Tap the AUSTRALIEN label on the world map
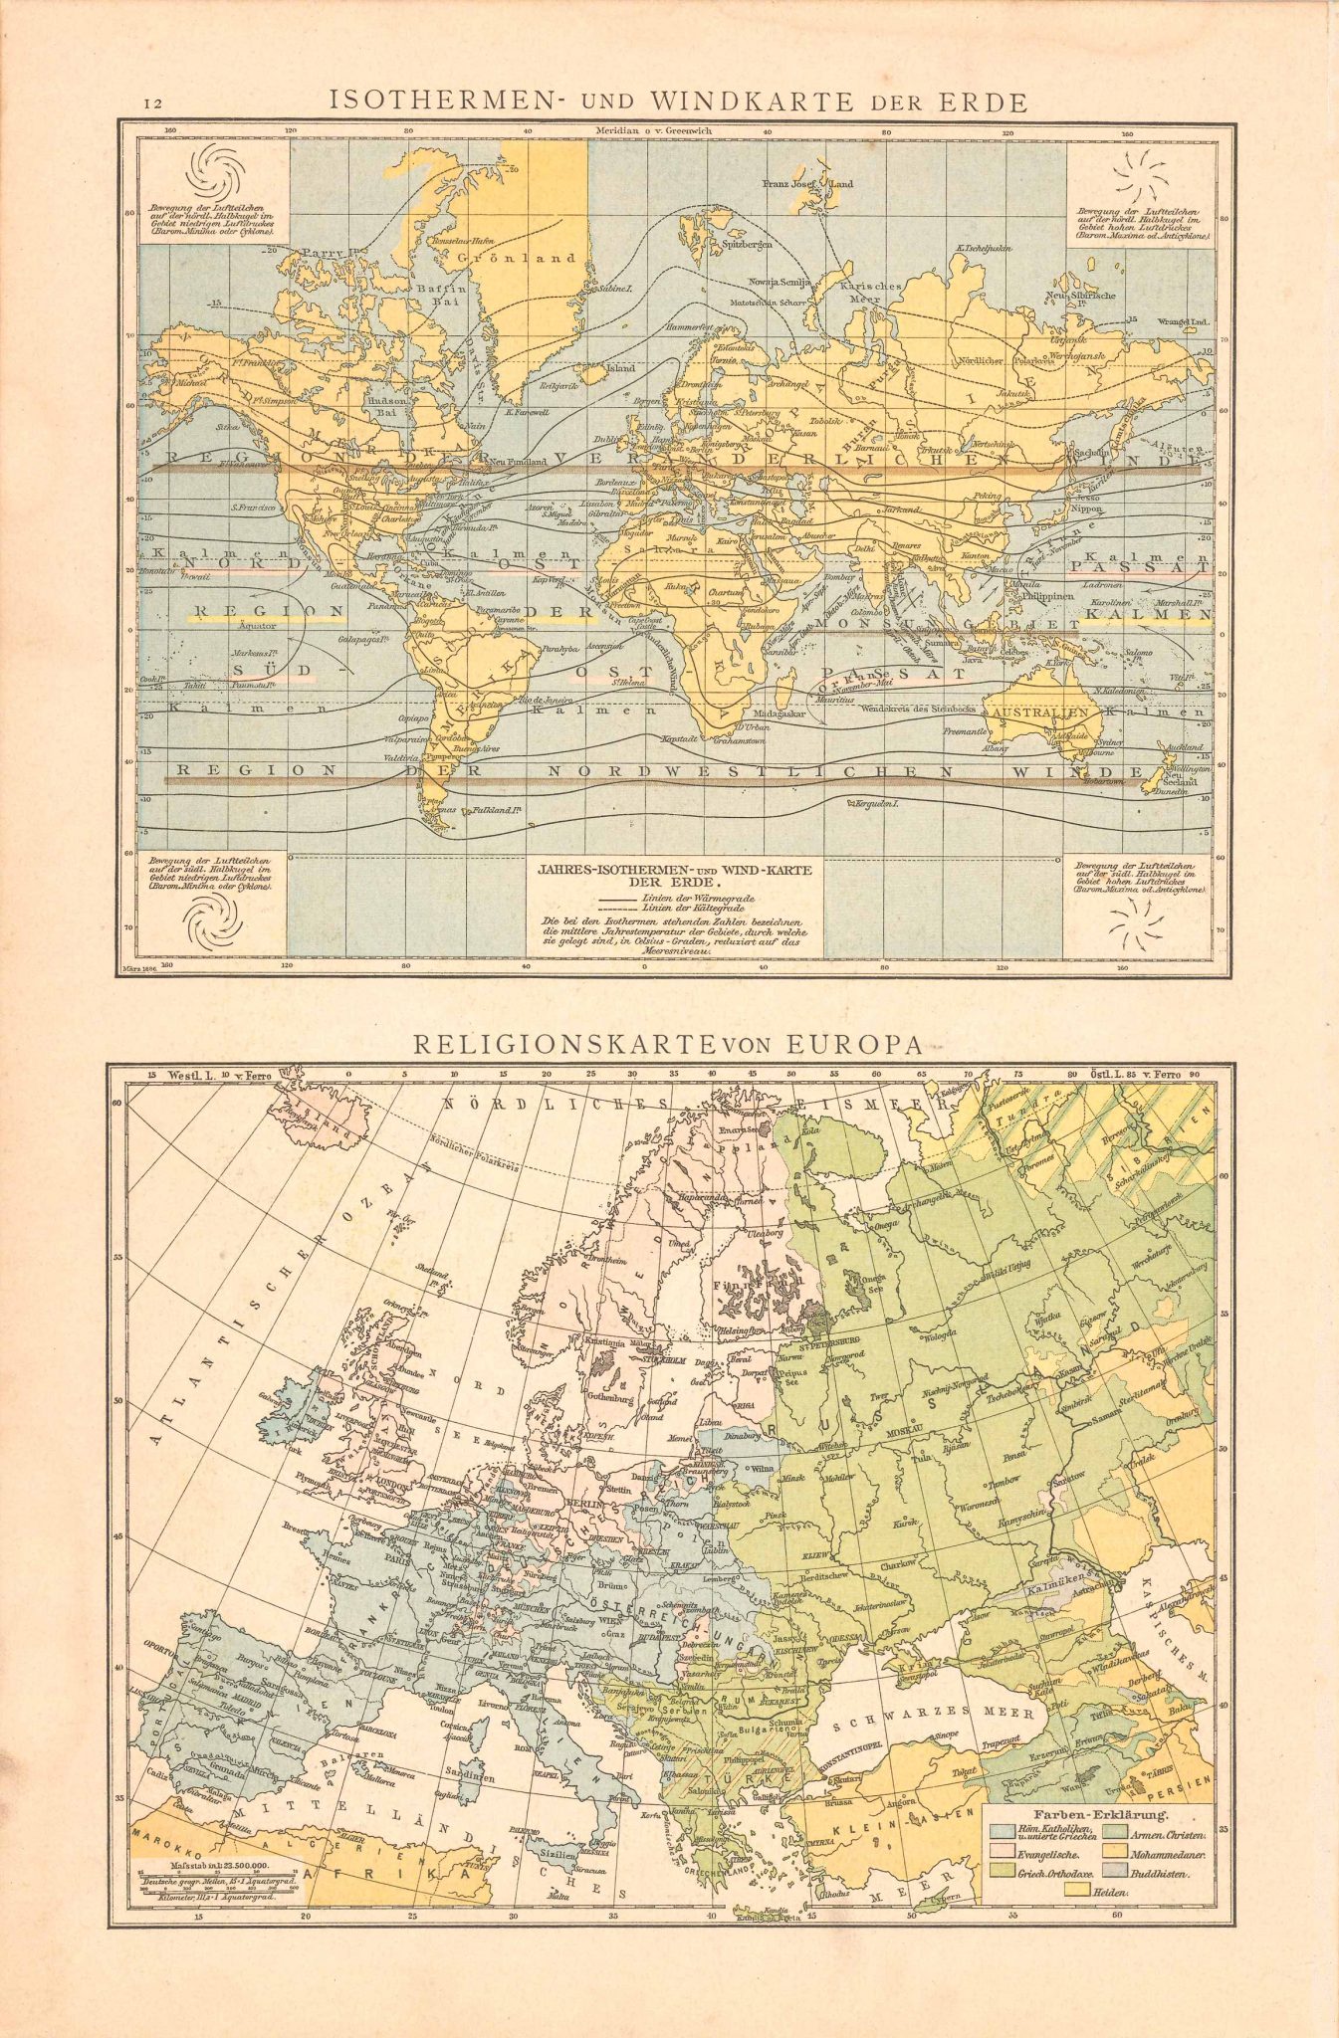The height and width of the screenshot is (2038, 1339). (1036, 714)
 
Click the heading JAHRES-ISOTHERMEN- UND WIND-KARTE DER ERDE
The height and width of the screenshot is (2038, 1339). (675, 875)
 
